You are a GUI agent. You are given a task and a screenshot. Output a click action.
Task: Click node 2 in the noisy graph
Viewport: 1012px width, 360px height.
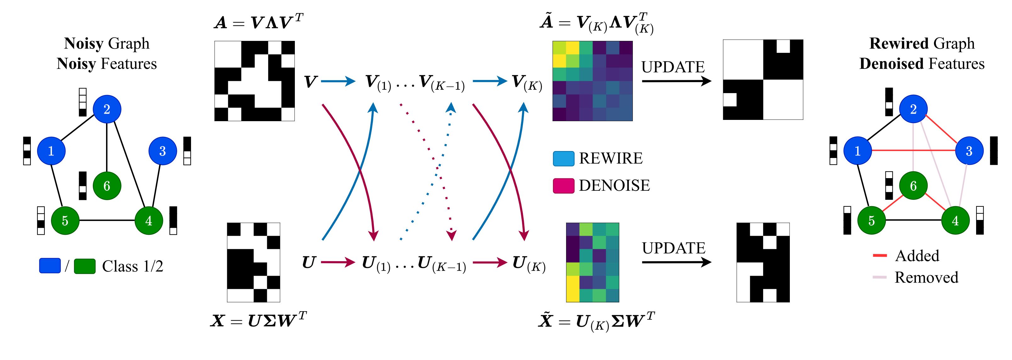(107, 109)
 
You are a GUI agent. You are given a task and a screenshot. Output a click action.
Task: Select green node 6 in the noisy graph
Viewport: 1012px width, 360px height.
(107, 186)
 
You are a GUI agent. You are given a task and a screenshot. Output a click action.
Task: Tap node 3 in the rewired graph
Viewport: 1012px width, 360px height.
(969, 151)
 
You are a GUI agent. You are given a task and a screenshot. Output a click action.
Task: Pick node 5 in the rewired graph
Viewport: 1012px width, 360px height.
(871, 221)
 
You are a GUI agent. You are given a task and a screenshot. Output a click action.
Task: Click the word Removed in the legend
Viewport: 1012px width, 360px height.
(926, 278)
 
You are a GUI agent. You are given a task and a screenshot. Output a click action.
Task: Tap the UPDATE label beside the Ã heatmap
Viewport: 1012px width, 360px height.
(673, 67)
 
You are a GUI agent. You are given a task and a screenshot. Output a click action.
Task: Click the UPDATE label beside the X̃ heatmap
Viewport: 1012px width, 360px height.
(674, 248)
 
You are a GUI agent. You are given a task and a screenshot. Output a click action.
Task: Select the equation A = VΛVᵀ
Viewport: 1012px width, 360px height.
(258, 22)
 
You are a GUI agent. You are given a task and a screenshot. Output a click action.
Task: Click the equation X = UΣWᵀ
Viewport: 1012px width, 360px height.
(258, 321)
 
